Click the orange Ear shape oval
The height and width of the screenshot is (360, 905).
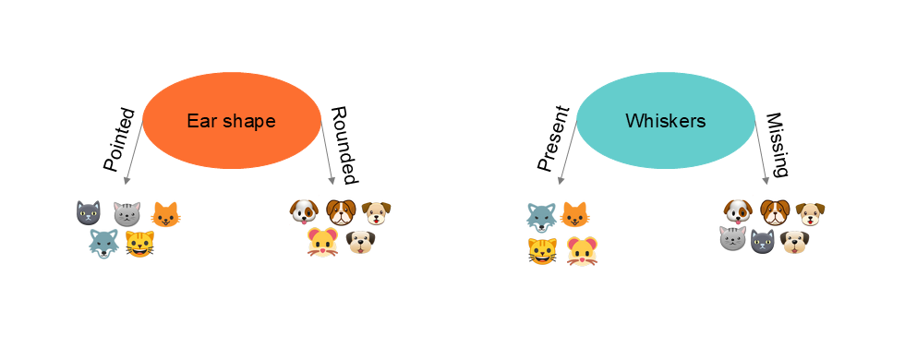click(231, 121)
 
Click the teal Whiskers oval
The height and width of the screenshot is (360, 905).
click(665, 121)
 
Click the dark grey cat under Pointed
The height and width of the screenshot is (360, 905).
click(88, 214)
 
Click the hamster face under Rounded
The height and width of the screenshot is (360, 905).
click(322, 244)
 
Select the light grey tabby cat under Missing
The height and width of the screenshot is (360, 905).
click(732, 240)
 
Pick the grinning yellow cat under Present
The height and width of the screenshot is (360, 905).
click(542, 250)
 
